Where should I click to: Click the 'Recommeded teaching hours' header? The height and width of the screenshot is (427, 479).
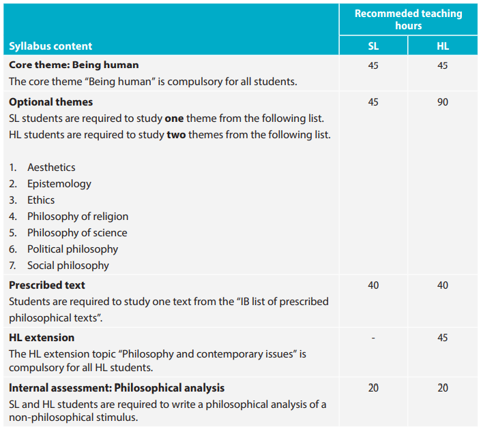[408, 19]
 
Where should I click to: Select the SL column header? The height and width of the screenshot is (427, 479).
[373, 46]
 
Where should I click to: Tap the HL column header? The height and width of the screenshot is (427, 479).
[442, 46]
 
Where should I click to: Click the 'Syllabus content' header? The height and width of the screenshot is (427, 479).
[50, 46]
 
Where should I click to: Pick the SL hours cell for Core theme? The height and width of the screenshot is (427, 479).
[373, 65]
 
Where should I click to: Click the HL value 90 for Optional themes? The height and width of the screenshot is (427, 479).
[442, 102]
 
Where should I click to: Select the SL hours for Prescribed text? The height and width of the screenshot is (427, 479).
[373, 285]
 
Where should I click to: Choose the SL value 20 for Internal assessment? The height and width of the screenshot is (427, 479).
[373, 388]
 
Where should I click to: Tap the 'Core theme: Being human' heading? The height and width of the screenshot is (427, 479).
[74, 65]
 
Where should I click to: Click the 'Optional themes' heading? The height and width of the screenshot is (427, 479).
[50, 102]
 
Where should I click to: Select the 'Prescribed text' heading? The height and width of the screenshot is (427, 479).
[47, 285]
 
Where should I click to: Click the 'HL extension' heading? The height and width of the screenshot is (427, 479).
[42, 338]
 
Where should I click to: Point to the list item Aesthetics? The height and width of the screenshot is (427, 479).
[51, 168]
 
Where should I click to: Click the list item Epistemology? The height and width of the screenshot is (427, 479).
[59, 184]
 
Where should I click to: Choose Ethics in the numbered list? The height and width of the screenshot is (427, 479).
[41, 200]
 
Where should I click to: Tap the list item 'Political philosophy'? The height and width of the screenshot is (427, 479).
[72, 249]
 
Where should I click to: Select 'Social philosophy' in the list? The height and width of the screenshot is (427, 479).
[68, 266]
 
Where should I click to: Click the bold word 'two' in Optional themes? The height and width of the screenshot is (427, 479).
[176, 135]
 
